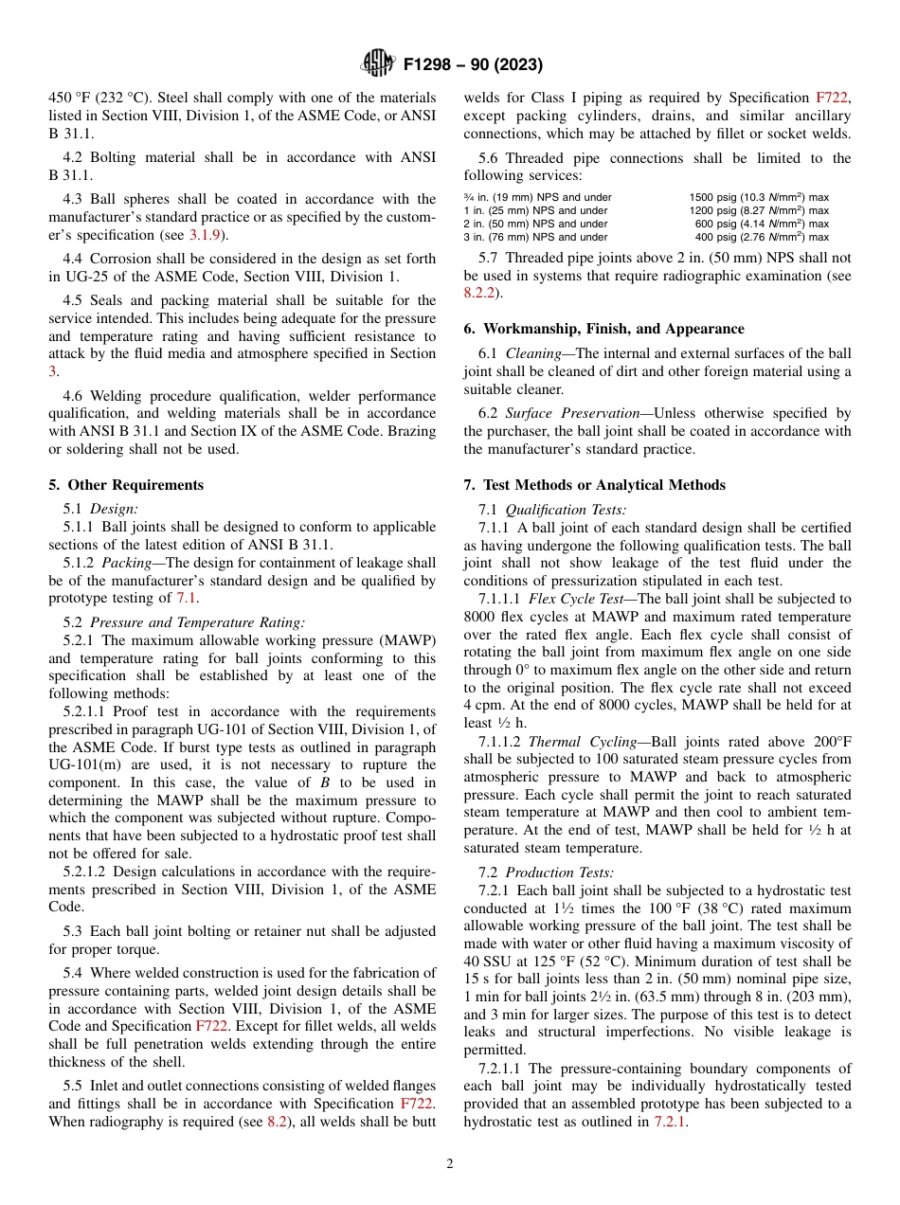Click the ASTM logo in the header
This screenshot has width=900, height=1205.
click(x=377, y=64)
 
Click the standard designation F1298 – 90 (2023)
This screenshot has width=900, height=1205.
click(x=473, y=65)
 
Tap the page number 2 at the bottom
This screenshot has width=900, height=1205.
click(x=450, y=1164)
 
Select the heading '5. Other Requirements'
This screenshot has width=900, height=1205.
click(x=126, y=485)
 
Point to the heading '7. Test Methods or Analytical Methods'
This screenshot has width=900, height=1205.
click(x=594, y=485)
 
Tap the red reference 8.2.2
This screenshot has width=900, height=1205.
click(x=480, y=294)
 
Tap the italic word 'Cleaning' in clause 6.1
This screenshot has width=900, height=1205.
click(x=532, y=353)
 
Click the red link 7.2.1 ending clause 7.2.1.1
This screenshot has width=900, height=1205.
click(x=670, y=1122)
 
